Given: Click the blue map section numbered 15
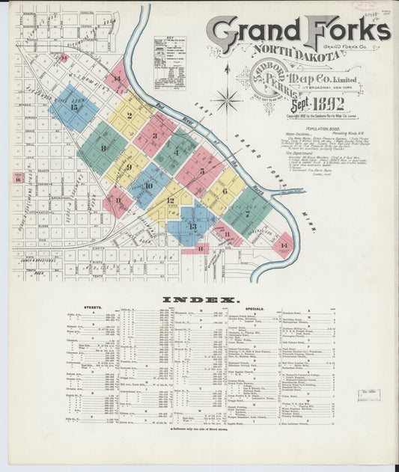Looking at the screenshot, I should click(73, 108).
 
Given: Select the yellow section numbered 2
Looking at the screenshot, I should click(130, 116).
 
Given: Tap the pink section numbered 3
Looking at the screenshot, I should click(155, 135).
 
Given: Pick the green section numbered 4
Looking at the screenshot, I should click(176, 153).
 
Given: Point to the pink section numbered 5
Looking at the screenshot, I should click(200, 171).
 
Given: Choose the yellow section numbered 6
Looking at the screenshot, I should click(222, 190).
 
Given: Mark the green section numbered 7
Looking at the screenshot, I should click(247, 212).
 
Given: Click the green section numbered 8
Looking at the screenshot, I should click(103, 147).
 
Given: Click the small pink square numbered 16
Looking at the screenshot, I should click(17, 178).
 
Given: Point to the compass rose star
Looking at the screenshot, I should click(227, 99).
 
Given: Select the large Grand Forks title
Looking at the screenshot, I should click(298, 31).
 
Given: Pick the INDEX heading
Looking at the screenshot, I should click(201, 300).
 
